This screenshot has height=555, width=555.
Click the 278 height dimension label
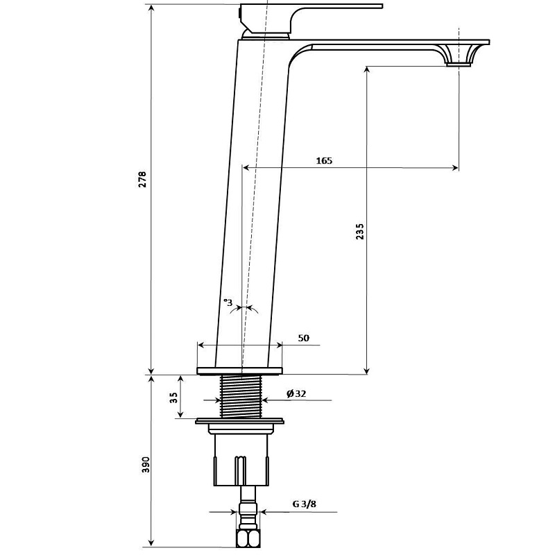tap(142, 180)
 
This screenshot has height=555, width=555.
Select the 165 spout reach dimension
tap(324, 161)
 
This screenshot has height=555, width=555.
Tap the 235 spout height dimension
tap(359, 232)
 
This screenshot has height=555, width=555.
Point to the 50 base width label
tap(303, 338)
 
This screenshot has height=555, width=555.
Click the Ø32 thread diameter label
tap(296, 393)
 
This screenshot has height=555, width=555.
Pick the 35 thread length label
tap(174, 398)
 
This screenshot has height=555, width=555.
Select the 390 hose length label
tap(146, 465)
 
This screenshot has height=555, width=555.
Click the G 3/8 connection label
tap(304, 504)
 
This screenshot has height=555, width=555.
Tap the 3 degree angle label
tap(228, 302)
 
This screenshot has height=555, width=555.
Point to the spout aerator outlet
tap(459, 65)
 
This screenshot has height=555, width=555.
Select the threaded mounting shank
tap(241, 396)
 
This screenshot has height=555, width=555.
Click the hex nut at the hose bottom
tap(248, 538)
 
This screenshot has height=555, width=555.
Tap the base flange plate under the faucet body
tap(240, 370)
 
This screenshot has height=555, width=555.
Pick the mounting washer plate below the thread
tap(240, 421)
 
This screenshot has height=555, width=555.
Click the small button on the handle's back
tap(240, 14)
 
